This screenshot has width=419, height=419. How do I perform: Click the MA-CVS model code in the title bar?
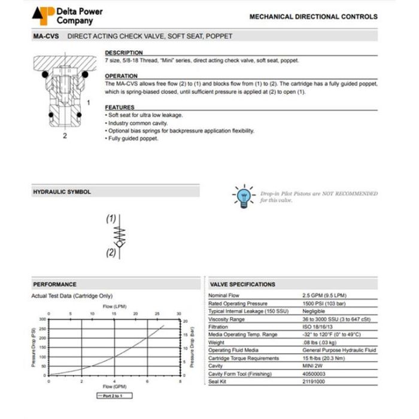45,37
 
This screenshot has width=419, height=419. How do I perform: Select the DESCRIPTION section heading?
124,53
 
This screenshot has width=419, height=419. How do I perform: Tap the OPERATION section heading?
122,77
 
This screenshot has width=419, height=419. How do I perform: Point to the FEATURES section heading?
120,108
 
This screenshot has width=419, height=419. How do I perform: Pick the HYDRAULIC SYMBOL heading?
62,192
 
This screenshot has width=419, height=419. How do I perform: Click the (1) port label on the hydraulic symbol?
111,219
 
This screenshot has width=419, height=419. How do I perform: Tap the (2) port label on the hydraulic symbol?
111,253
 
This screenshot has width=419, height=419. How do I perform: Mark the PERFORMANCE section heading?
55,284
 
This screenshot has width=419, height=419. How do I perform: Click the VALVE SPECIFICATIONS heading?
243,284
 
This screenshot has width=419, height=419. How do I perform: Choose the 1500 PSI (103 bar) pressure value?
326,303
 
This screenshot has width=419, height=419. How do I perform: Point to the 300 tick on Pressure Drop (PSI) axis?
42,319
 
